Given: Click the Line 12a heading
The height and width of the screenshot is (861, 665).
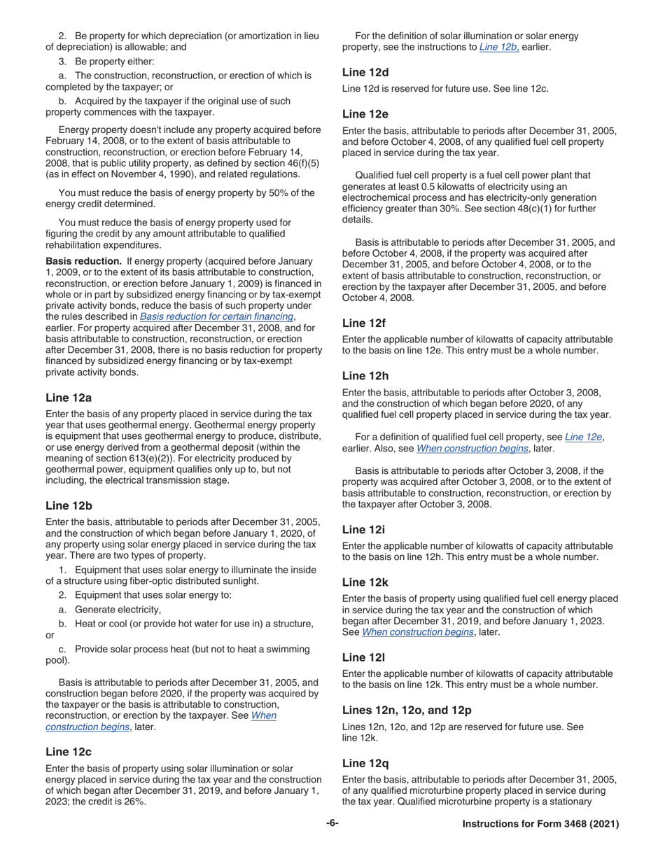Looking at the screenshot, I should pyautogui.click(x=69, y=398).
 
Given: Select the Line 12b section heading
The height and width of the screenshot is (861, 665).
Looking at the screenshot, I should pyautogui.click(x=69, y=505).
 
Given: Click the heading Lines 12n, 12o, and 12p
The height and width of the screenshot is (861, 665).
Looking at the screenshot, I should pyautogui.click(x=407, y=710).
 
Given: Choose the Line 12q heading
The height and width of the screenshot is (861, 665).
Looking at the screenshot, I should pyautogui.click(x=365, y=763).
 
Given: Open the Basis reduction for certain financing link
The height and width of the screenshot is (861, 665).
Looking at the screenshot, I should pyautogui.click(x=216, y=316).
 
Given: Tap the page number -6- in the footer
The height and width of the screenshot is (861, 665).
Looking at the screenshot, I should pyautogui.click(x=332, y=824).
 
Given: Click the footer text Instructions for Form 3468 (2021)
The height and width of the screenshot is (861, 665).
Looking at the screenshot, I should pyautogui.click(x=540, y=825).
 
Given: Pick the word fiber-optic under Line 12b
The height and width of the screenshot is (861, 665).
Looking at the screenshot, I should pyautogui.click(x=150, y=581).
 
